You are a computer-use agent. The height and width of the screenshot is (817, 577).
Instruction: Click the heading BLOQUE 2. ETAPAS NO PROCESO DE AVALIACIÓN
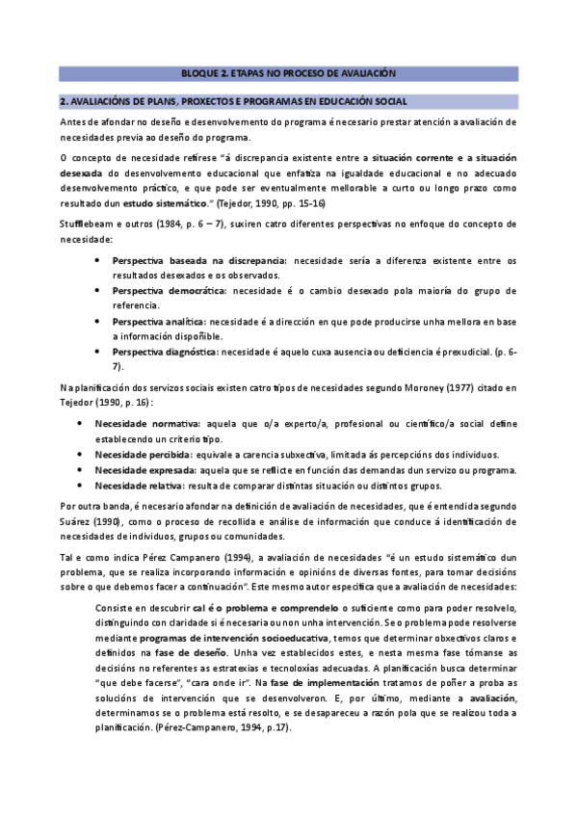289,73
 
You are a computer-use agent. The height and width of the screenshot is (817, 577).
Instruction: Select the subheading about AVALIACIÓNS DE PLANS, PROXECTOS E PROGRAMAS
233,101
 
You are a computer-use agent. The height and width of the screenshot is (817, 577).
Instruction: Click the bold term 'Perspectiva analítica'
159,322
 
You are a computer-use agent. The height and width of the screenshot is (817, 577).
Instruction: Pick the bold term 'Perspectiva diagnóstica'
165,353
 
